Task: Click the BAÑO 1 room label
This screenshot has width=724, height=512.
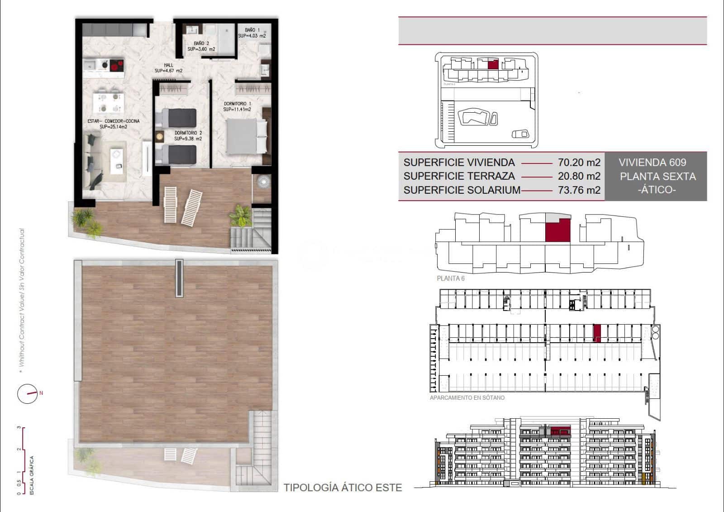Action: pos(252,33)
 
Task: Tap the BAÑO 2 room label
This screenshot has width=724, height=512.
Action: pos(201,46)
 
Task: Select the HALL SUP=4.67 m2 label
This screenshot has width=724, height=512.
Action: pos(168,68)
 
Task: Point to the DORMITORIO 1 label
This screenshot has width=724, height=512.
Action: pos(237,106)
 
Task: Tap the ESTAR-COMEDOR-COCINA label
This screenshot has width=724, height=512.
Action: pos(114,124)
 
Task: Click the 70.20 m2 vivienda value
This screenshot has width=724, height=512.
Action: pos(579,163)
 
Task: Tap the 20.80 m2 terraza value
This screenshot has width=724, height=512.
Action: pos(579,176)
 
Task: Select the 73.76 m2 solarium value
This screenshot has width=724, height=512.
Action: pos(579,190)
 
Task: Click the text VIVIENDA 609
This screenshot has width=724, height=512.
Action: pos(652,163)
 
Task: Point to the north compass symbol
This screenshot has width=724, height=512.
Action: pos(28,394)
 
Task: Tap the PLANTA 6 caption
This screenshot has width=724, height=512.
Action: pos(450,278)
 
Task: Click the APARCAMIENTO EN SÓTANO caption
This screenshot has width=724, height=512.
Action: pos(467,398)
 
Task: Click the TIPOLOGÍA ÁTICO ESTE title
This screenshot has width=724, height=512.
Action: pos(343,488)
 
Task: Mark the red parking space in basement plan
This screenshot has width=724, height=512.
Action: pos(597,333)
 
